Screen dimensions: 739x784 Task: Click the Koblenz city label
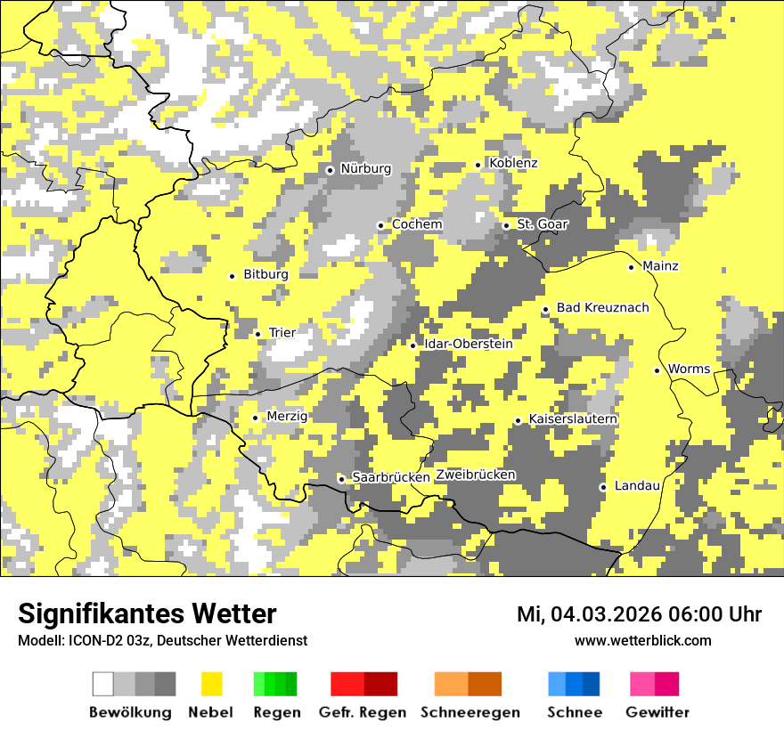tap(513, 164)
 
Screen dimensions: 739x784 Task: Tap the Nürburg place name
tap(365, 169)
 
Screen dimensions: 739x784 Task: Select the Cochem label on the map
tap(416, 225)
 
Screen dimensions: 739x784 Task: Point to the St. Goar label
tap(542, 225)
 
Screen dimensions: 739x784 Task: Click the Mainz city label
tap(660, 266)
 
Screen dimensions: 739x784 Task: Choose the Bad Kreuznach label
tap(602, 308)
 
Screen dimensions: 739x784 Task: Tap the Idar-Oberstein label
tap(468, 345)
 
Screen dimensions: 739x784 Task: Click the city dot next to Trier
tap(257, 334)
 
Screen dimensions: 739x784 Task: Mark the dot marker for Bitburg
tap(232, 276)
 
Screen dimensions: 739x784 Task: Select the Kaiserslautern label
tap(573, 419)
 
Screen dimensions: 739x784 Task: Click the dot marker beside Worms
tap(657, 370)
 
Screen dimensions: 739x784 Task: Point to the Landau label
tap(637, 486)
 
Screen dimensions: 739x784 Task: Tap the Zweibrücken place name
tap(475, 475)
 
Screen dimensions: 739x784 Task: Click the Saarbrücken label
tap(391, 478)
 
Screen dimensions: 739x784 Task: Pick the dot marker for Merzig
tap(255, 418)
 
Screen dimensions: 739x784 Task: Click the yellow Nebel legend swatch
tap(212, 684)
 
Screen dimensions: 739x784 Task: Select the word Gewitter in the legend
tap(657, 712)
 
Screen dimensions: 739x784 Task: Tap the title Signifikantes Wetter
tap(147, 614)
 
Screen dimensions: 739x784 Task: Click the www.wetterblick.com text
tap(642, 641)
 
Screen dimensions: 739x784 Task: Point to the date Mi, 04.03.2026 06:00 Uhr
tap(639, 614)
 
